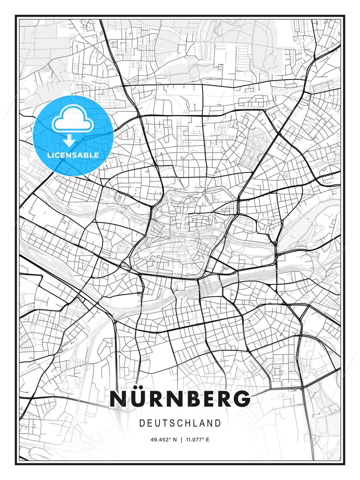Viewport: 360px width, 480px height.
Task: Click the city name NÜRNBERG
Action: click(x=180, y=399)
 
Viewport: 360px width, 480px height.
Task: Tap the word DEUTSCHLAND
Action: click(x=180, y=423)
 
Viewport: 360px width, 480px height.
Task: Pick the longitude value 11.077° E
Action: click(x=197, y=440)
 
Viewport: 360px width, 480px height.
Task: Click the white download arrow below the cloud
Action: click(x=70, y=140)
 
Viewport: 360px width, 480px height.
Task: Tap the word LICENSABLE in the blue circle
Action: click(x=73, y=155)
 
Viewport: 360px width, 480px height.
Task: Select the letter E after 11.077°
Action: click(x=208, y=440)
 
